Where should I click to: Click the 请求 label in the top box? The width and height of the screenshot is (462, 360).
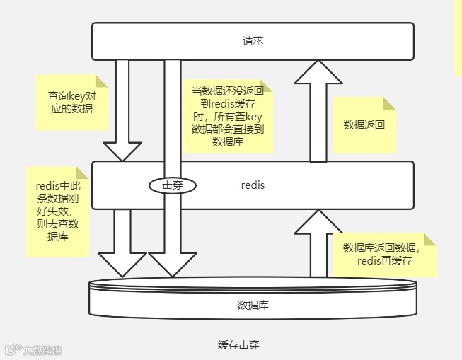click(253, 41)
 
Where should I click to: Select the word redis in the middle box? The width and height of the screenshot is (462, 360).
click(253, 185)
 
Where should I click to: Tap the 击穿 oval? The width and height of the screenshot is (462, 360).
click(172, 185)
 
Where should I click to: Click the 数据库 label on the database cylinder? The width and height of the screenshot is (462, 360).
click(253, 306)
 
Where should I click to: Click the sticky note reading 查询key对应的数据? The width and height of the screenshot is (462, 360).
click(70, 102)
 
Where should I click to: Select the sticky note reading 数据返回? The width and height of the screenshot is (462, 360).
click(364, 125)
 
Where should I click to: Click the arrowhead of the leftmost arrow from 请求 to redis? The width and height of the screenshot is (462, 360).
click(122, 150)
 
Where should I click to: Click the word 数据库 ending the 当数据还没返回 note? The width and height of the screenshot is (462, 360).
click(227, 141)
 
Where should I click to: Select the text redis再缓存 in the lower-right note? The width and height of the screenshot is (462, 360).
click(385, 261)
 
